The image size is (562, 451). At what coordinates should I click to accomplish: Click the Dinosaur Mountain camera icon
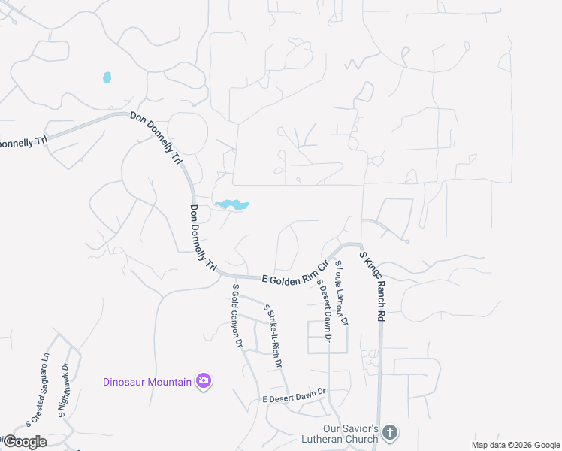203,381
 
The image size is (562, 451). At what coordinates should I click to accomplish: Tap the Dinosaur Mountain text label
147,382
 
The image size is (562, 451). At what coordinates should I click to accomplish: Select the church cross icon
388,432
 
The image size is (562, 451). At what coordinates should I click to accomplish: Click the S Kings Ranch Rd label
372,287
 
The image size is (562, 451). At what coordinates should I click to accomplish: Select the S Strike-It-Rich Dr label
272,335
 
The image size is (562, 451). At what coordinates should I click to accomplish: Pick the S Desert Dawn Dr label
325,310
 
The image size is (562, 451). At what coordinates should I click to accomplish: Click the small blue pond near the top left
107,77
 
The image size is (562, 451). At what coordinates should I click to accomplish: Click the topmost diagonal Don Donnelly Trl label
156,139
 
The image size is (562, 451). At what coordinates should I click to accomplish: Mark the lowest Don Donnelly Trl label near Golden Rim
203,239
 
